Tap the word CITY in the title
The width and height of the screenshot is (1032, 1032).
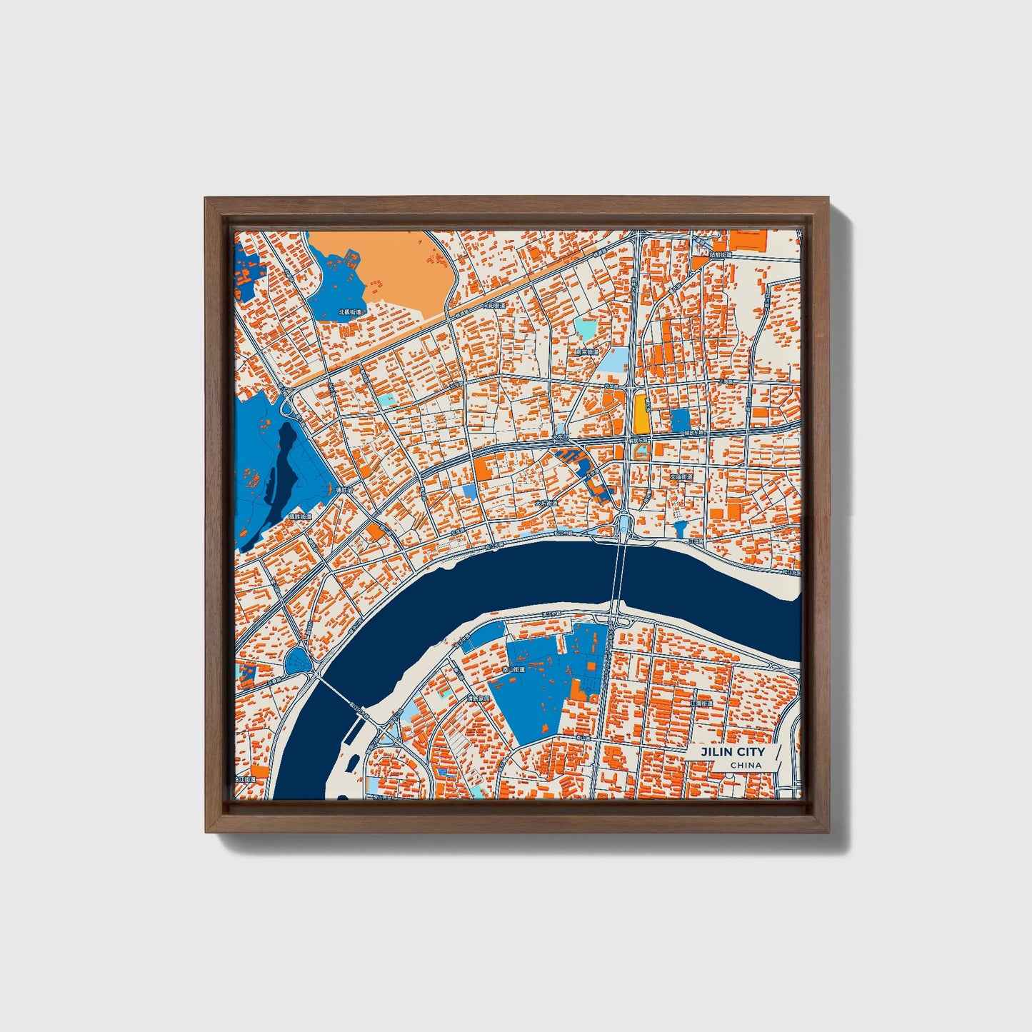(749, 752)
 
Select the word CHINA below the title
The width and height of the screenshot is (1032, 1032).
(745, 766)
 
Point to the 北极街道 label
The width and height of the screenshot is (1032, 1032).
(349, 312)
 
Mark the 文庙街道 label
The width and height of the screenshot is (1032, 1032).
(681, 476)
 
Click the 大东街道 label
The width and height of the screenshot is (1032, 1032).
(547, 503)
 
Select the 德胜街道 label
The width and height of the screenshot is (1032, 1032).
(300, 516)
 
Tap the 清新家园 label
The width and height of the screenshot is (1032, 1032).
(477, 699)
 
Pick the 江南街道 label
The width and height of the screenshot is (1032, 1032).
(702, 703)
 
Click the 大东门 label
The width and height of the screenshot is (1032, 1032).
(560, 436)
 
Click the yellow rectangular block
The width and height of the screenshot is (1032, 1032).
(641, 414)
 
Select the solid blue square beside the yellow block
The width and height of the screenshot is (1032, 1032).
(681, 420)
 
